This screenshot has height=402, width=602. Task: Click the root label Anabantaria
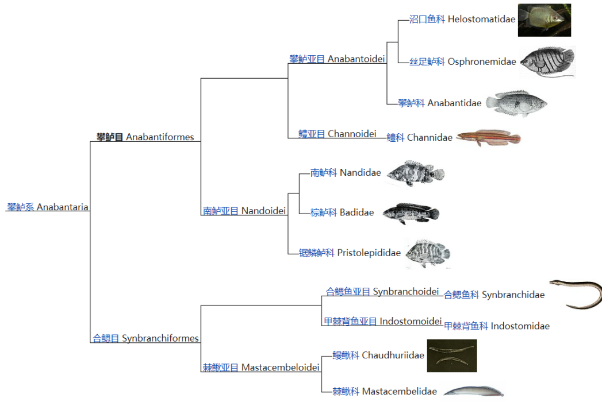point(48,207)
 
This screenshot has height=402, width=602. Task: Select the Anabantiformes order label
point(145,137)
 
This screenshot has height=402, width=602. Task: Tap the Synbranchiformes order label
point(145,338)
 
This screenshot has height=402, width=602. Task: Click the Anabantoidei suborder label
point(337,59)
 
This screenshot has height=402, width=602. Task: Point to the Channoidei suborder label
point(338,134)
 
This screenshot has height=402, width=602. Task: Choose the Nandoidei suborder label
point(244,211)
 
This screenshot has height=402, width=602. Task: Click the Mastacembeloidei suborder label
point(261,368)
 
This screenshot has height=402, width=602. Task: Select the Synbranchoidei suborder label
point(382,292)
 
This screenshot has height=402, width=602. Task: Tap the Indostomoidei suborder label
point(383,321)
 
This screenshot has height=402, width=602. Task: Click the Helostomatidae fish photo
point(545,20)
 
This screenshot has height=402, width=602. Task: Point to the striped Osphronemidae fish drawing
point(548,62)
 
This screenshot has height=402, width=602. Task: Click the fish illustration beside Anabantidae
point(516,103)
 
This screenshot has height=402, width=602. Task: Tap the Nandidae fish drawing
point(416,173)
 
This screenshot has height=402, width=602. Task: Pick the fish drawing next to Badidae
point(411,213)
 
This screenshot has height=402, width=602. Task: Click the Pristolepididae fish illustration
point(428,254)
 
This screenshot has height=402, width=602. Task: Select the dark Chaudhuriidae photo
point(452,355)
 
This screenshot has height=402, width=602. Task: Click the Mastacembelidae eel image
point(474,391)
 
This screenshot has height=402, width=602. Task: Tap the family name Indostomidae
point(497,326)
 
